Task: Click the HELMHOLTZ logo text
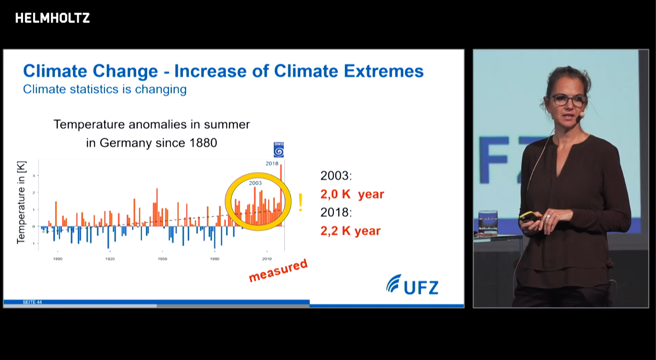click(52, 18)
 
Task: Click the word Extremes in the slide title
click(384, 71)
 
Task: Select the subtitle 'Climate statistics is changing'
click(105, 89)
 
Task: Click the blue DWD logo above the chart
click(279, 149)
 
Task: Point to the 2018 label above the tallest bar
click(272, 163)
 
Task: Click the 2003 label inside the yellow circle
click(255, 183)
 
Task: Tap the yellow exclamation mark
click(300, 203)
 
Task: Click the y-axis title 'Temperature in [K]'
click(21, 202)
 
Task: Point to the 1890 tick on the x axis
click(58, 259)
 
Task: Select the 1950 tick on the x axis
click(162, 259)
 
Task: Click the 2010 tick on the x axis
click(267, 259)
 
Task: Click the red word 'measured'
click(278, 270)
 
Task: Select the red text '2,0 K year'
click(352, 194)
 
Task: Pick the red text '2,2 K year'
click(350, 231)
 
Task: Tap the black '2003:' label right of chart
click(336, 176)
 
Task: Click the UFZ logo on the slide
click(412, 285)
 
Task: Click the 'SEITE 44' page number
click(32, 302)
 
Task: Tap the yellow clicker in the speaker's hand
click(529, 216)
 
